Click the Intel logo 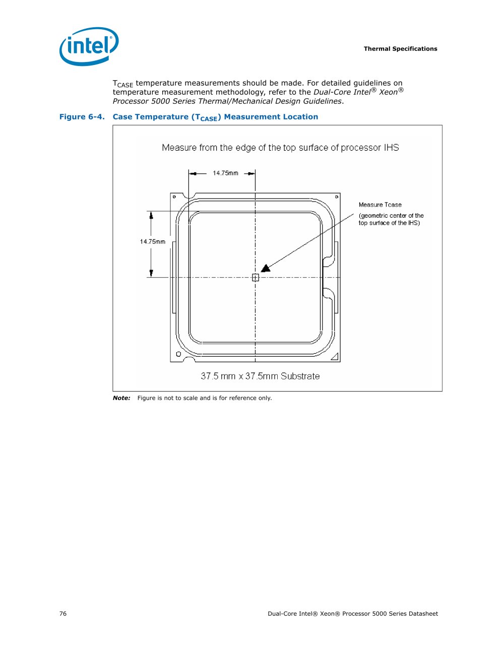89,46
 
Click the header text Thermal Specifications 400,49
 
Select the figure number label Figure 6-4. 82,117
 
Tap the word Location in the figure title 300,117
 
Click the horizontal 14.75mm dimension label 225,173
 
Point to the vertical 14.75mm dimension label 153,242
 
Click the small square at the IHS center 256,278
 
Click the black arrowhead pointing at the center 266,268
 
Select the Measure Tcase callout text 380,205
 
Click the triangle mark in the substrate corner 334,357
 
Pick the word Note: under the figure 121,398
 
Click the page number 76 63,614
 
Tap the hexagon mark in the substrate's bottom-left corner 178,355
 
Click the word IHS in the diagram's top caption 391,148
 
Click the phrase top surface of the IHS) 389,223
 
